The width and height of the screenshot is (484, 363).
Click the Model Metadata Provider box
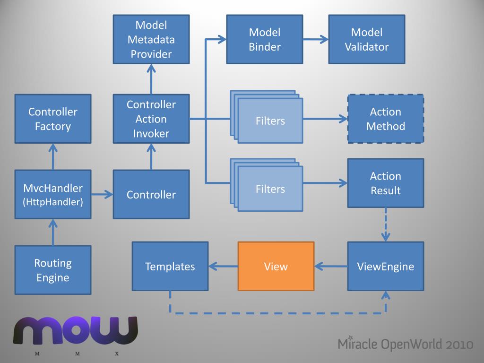151,39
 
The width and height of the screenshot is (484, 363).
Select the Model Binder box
265,39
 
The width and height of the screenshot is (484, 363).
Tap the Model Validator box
367,39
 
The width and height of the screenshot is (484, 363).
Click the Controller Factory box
53,119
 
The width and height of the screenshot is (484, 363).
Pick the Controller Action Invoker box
151,119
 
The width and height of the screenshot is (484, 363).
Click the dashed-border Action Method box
386,119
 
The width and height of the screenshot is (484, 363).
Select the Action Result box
386,183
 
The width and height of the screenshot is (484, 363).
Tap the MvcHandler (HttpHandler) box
53,194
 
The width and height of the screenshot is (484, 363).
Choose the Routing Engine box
53,270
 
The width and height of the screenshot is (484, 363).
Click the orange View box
276,266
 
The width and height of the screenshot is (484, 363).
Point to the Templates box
170,266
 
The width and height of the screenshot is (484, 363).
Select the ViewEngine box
386,266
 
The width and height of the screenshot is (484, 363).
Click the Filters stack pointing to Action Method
267,117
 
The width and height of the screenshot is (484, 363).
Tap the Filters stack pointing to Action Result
267,185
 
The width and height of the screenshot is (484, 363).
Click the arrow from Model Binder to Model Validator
316,39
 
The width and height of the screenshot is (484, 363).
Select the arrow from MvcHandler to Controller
102,194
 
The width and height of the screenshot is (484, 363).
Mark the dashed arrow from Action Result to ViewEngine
386,225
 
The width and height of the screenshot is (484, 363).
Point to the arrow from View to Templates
223,266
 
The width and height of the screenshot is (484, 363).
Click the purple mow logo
75,330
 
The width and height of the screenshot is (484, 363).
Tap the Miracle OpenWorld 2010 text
405,344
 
